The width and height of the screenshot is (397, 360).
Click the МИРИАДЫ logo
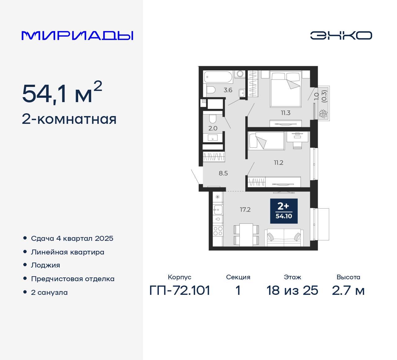pyautogui.click(x=77, y=36)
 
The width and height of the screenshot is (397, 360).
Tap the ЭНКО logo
pyautogui.click(x=341, y=35)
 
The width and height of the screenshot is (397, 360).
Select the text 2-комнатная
pyautogui.click(x=69, y=119)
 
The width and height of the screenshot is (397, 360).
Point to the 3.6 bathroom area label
pyautogui.click(x=228, y=90)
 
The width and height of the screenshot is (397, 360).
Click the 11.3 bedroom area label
pyautogui.click(x=286, y=113)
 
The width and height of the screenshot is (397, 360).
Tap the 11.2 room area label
pyautogui.click(x=279, y=163)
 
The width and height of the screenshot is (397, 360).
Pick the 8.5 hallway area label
pyautogui.click(x=223, y=173)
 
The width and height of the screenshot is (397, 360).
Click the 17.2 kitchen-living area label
pyautogui.click(x=245, y=210)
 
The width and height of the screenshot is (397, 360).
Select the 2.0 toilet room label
pyautogui.click(x=213, y=128)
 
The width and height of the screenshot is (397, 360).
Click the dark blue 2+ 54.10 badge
pyautogui.click(x=284, y=211)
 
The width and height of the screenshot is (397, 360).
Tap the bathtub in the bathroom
pyautogui.click(x=218, y=77)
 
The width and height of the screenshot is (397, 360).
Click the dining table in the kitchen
pyautogui.click(x=246, y=234)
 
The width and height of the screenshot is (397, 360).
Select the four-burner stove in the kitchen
pyautogui.click(x=218, y=231)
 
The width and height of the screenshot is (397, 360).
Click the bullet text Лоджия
pyautogui.click(x=46, y=265)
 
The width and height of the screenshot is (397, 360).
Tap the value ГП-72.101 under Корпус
pyautogui.click(x=180, y=290)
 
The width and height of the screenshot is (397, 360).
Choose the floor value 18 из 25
pyautogui.click(x=292, y=290)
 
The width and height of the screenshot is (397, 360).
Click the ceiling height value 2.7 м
pyautogui.click(x=348, y=290)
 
